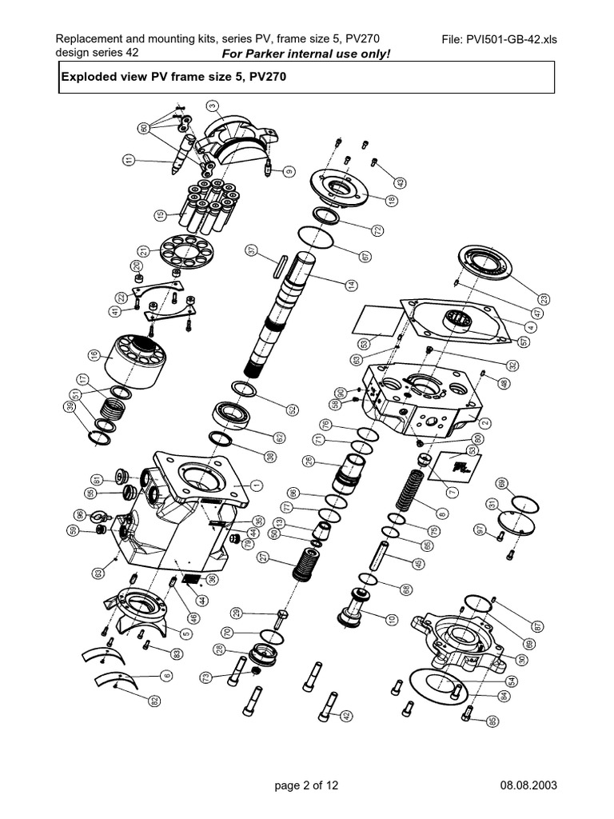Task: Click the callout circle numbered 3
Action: click(x=211, y=106)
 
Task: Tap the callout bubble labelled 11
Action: click(x=128, y=161)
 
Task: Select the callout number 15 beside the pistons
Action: click(x=160, y=215)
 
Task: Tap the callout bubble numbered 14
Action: click(x=350, y=285)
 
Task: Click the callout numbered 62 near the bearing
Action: click(x=279, y=437)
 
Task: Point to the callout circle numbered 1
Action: click(x=257, y=484)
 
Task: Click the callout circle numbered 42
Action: click(x=345, y=716)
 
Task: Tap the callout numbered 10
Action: click(x=392, y=619)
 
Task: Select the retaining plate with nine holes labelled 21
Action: click(x=189, y=254)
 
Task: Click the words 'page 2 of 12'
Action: click(x=306, y=785)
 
